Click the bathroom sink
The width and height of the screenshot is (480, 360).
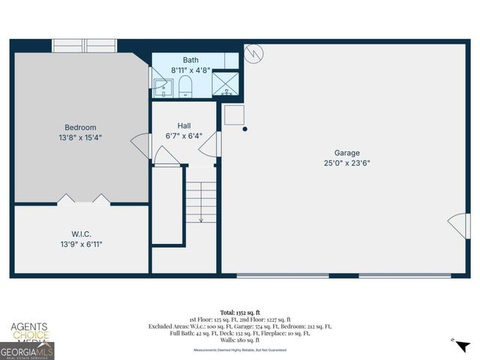[x=160, y=85]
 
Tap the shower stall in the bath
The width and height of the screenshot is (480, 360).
[x=226, y=82]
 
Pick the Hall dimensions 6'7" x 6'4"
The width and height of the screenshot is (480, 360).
[x=184, y=136]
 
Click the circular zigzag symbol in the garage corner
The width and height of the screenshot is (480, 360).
[x=254, y=54]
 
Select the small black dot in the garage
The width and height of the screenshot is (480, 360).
[x=245, y=129]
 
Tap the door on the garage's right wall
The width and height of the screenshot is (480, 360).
[x=457, y=226]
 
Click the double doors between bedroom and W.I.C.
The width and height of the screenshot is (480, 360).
[x=83, y=199]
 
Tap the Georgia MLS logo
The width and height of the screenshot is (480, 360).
[x=27, y=350]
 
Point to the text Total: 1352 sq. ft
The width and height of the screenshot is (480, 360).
[x=239, y=311]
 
